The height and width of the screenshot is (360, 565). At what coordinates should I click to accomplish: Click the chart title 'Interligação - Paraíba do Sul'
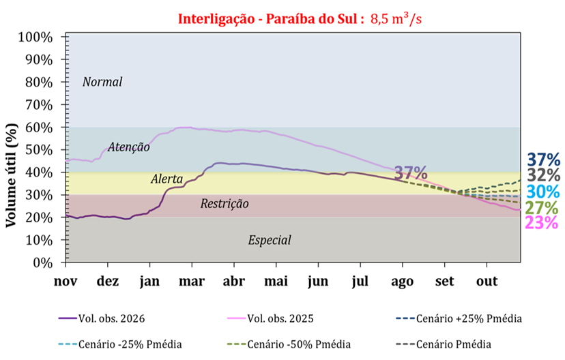point(268,18)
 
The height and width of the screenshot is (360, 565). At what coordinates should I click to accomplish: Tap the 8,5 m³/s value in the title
point(396,18)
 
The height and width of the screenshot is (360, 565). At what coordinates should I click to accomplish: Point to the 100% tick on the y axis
point(35,37)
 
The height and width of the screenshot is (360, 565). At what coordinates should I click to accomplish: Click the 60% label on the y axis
point(39,127)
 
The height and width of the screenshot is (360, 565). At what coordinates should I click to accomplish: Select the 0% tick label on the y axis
point(42,262)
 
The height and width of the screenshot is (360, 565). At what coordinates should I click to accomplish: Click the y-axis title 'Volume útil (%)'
point(11,175)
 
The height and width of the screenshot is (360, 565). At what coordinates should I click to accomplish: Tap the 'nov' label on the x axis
point(66,281)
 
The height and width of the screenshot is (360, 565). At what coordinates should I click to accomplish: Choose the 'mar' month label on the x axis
point(192,281)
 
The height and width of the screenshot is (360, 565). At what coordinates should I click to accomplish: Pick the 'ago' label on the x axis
point(402,282)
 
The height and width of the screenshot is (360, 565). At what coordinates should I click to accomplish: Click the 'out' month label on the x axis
point(487,281)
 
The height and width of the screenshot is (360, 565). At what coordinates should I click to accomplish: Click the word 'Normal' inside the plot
point(102,82)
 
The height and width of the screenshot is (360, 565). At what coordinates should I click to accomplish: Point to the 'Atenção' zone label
point(129,147)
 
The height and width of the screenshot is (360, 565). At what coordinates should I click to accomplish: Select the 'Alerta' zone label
point(166,179)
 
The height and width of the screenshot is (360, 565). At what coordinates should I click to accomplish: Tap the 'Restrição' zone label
point(224,203)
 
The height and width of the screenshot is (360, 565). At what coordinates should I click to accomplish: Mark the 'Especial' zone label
point(270,240)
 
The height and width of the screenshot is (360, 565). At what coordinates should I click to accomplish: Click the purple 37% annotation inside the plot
point(411,173)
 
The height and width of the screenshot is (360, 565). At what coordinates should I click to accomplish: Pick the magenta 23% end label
point(542,222)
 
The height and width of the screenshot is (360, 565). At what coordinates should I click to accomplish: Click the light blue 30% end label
point(543,192)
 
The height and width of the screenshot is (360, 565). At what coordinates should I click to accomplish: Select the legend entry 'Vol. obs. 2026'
point(102,318)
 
